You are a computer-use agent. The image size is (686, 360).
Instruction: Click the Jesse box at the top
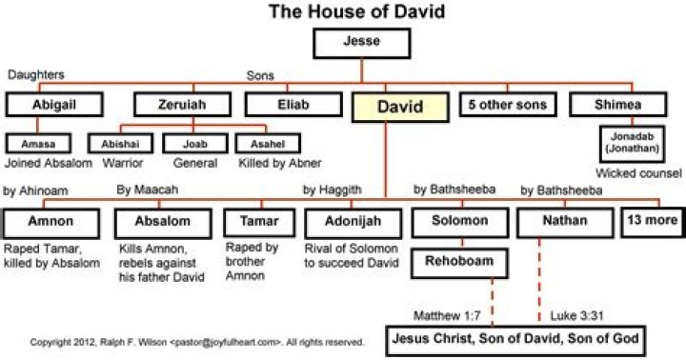pyautogui.click(x=361, y=43)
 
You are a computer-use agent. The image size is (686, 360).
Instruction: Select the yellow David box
pyautogui.click(x=400, y=108)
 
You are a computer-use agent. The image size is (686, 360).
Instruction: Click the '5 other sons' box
pyautogui.click(x=505, y=107)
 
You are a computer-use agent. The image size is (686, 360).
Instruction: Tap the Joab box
pyautogui.click(x=193, y=144)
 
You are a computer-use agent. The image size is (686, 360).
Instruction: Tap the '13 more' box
pyautogui.click(x=653, y=220)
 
